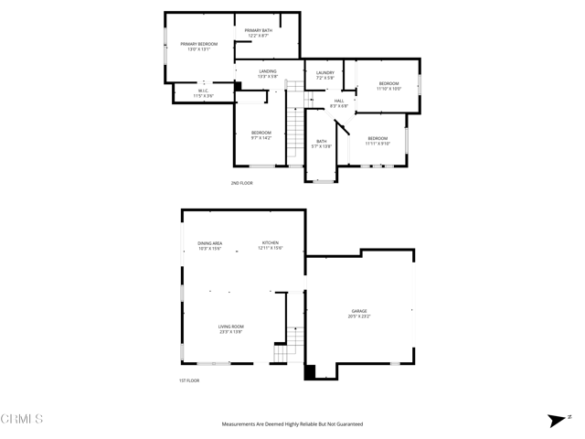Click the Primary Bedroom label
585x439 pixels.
point(199,46)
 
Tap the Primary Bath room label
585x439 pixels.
point(258,33)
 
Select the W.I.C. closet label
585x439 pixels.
point(204,92)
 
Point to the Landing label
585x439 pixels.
point(268,73)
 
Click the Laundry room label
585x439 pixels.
point(325,75)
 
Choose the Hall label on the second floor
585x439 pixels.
point(339,102)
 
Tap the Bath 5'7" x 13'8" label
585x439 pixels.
point(321,144)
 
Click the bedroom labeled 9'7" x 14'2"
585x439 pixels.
point(261,135)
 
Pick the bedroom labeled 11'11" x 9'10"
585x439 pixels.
point(378,140)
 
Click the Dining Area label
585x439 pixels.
point(210,245)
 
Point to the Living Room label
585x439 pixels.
point(231,329)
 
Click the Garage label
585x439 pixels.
point(358,314)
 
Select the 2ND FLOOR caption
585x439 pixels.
point(241,184)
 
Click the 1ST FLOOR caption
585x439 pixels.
point(189,380)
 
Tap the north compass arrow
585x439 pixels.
point(555,420)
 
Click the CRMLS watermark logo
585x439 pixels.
point(22,420)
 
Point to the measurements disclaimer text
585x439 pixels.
point(292,424)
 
